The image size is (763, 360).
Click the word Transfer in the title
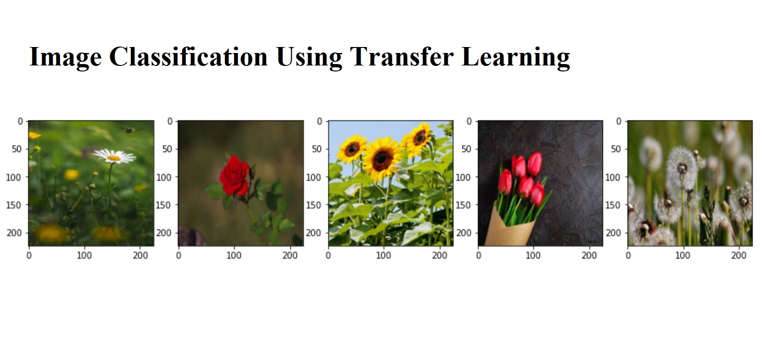pyautogui.click(x=402, y=57)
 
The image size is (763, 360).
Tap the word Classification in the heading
pyautogui.click(x=189, y=57)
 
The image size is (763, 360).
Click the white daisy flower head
pyautogui.click(x=114, y=156)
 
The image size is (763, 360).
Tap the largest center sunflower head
pyautogui.click(x=382, y=159)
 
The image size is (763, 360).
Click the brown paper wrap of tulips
pyautogui.click(x=509, y=225)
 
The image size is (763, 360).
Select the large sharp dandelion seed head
pyautogui.click(x=682, y=168)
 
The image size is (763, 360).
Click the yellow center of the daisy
pyautogui.click(x=113, y=158)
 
